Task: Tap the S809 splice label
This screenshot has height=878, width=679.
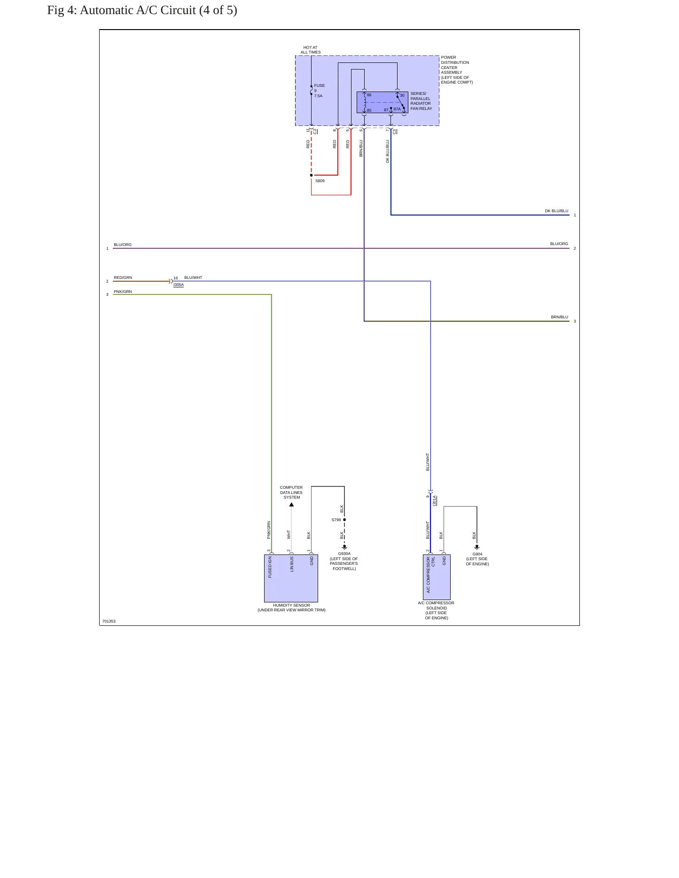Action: [320, 181]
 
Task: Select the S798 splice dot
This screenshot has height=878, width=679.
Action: [344, 520]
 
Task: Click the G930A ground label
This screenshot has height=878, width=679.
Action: [344, 554]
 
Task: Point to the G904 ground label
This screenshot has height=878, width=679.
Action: [477, 554]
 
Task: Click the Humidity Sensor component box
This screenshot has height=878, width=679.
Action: [291, 578]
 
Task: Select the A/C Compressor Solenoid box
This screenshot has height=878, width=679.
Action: [437, 578]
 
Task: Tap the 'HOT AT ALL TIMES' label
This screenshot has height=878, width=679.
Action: [311, 50]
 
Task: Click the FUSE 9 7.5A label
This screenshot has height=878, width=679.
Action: [319, 91]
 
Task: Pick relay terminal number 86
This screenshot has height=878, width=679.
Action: [369, 95]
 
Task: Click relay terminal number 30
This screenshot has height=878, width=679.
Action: [402, 95]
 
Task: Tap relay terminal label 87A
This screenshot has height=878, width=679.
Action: [397, 109]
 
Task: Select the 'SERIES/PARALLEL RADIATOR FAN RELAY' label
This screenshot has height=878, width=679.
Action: [421, 101]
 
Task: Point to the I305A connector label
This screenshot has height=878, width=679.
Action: [179, 285]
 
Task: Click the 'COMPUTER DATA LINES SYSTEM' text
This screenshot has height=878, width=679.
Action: [291, 493]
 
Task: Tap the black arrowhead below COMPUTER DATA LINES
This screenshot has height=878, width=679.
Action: [291, 505]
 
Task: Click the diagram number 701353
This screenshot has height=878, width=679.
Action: [109, 621]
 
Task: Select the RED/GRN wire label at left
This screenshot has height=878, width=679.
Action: [123, 277]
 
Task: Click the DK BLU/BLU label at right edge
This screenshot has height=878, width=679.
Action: [556, 211]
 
